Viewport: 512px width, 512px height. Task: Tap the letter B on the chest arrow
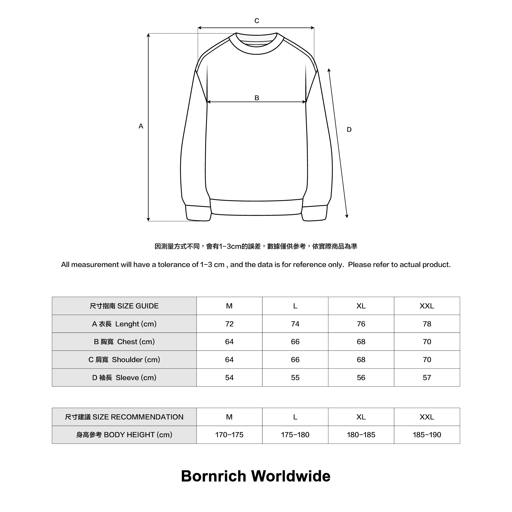point(257,98)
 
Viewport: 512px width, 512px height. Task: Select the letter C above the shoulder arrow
point(257,21)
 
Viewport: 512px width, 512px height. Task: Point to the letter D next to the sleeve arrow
point(349,129)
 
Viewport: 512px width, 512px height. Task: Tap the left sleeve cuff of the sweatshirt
point(198,213)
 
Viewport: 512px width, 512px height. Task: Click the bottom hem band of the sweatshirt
point(256,208)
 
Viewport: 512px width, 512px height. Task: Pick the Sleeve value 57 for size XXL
point(427,378)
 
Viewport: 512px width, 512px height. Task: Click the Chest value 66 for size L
point(295,342)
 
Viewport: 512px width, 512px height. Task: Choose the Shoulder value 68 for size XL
point(361,360)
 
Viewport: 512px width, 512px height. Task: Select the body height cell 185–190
point(427,435)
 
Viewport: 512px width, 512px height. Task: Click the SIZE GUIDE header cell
point(124,306)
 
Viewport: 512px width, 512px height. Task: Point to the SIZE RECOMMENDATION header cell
point(124,417)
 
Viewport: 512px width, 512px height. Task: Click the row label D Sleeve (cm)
point(124,378)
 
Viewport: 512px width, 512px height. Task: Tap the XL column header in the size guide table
point(361,306)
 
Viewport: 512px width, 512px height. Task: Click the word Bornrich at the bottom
point(214,476)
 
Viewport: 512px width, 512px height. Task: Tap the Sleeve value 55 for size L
point(295,378)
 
